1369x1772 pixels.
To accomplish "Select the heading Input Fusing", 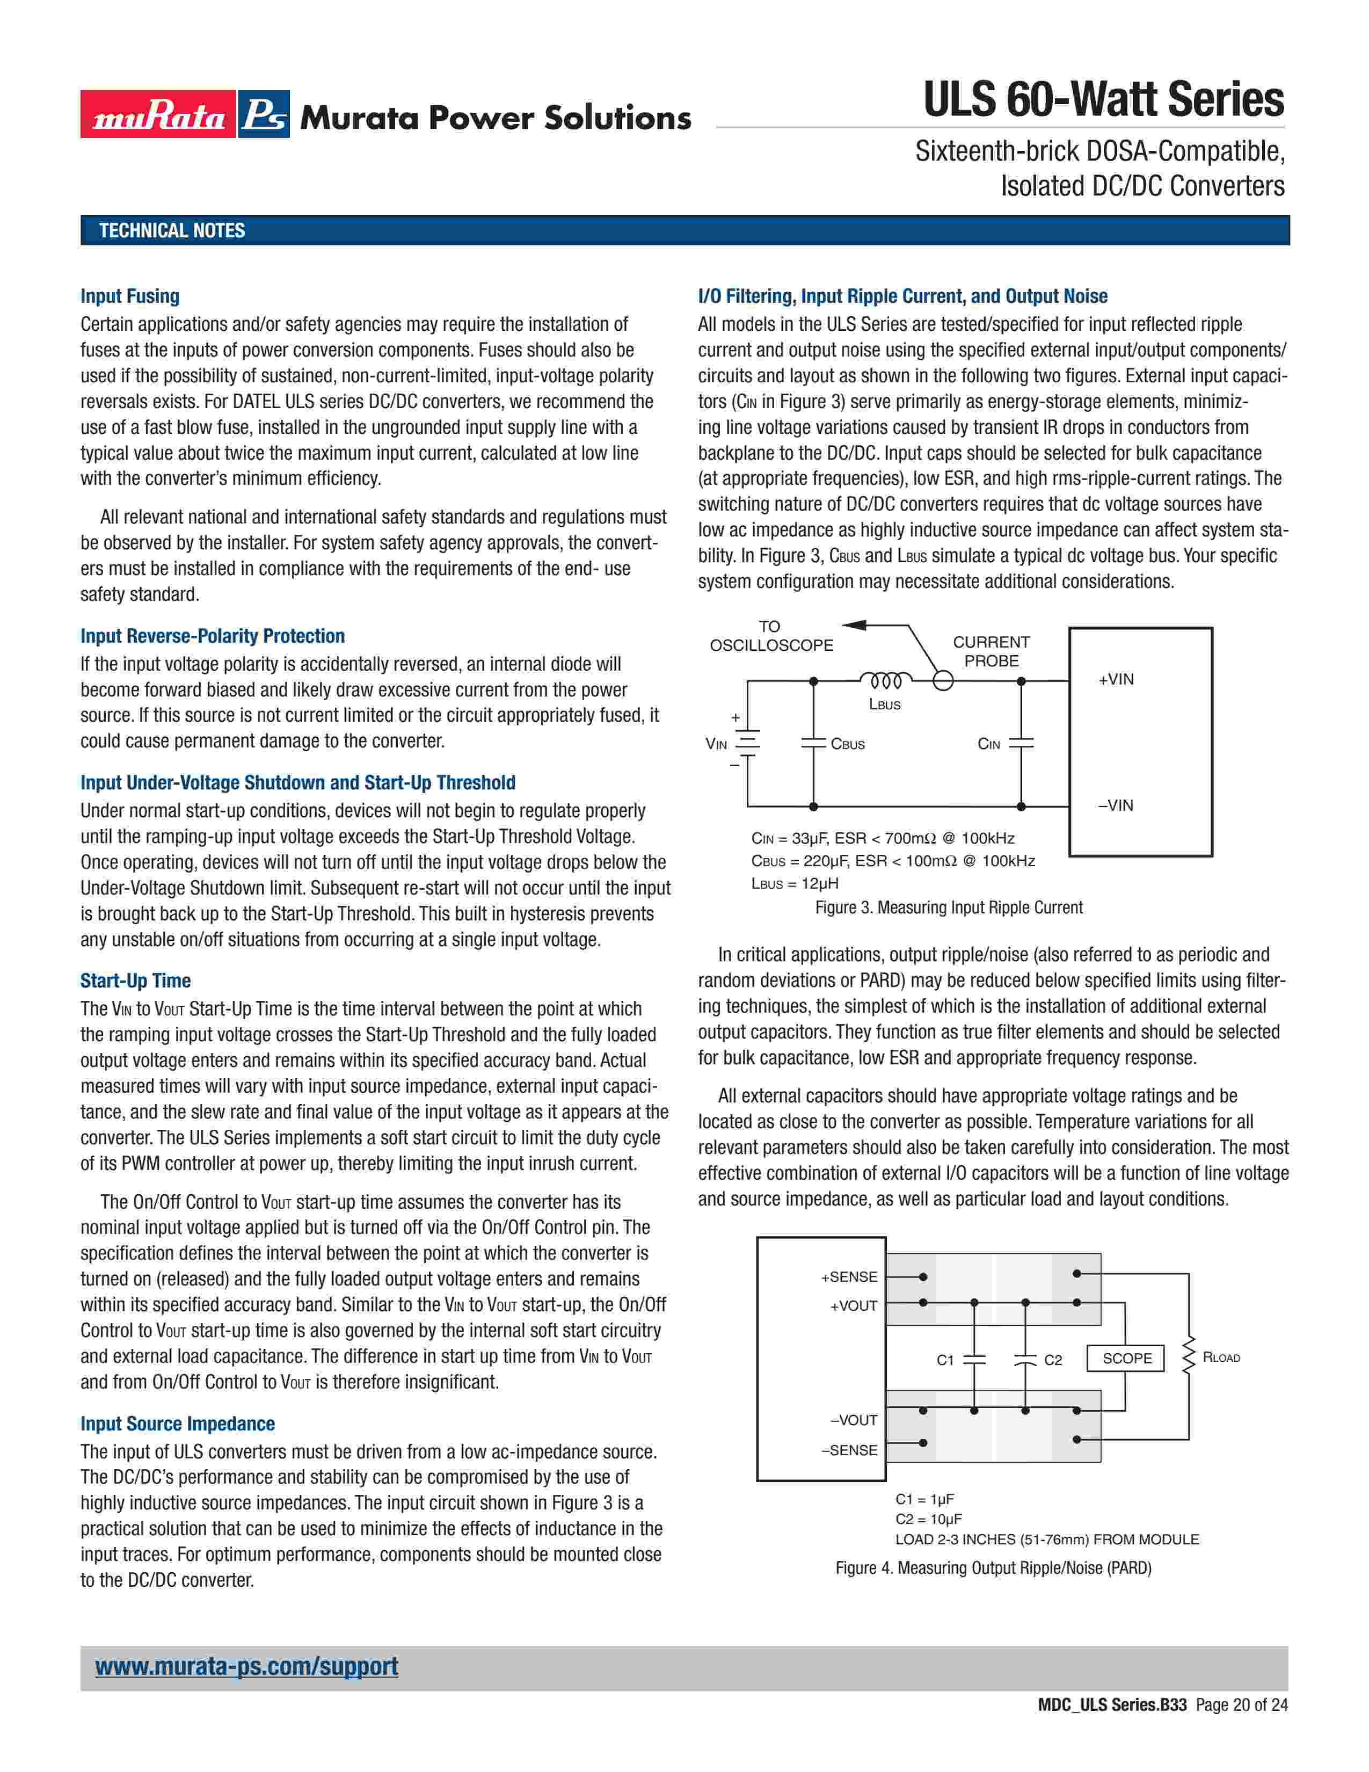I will pos(130,296).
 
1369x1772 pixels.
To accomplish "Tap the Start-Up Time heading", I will pos(135,981).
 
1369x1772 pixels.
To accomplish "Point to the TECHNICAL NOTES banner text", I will pos(172,230).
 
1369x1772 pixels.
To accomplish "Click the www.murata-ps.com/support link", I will pos(246,1667).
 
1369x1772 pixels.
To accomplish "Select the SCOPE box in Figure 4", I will pos(1126,1358).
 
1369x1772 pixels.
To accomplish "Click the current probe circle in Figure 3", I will pos(943,681).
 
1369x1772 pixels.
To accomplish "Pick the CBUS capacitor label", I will pos(848,744).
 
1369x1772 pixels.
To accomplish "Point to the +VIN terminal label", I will pos(1116,680).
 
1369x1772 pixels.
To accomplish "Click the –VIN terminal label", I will pos(1116,805).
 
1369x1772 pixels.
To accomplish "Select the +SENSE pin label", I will pos(849,1277).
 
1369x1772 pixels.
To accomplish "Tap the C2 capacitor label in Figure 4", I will pos(1053,1360).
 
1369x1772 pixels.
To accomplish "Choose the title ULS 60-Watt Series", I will pos(1104,100).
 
